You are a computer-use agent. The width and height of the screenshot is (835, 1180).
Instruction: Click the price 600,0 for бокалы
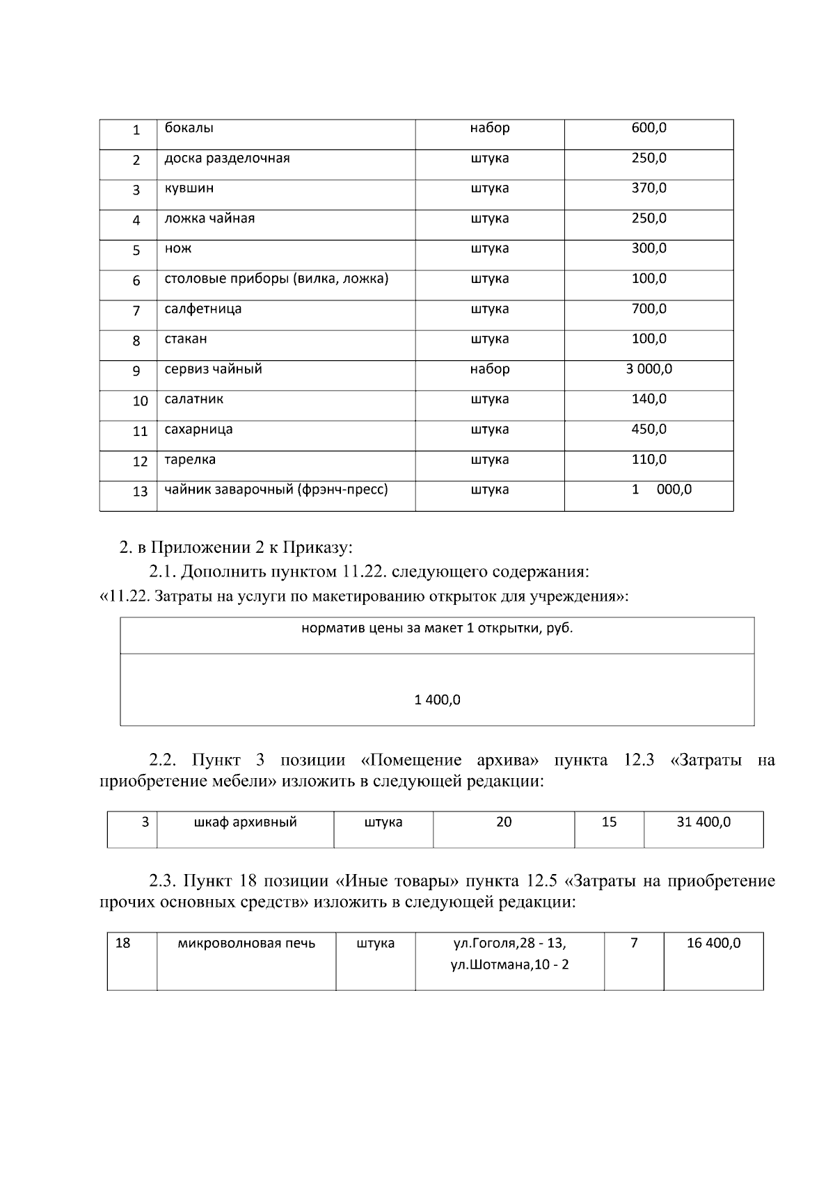[649, 128]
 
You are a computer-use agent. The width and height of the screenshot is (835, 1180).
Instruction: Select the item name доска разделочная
[227, 159]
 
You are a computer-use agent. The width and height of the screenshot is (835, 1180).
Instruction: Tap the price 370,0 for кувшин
[649, 188]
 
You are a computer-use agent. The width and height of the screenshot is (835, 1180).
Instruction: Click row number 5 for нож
[136, 250]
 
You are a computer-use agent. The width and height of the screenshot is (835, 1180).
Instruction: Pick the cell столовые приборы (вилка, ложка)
[276, 279]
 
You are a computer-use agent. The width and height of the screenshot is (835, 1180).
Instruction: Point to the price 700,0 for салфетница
[649, 309]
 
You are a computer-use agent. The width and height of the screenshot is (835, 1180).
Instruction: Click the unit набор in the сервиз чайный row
[489, 369]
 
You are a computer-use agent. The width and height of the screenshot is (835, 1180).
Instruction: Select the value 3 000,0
[649, 369]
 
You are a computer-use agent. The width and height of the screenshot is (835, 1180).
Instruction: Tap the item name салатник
[193, 399]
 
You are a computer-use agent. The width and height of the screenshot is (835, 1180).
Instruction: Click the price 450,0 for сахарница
[649, 429]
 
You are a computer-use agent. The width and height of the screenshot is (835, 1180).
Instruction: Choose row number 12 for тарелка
[140, 462]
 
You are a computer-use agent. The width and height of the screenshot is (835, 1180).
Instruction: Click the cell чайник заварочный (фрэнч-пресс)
[276, 490]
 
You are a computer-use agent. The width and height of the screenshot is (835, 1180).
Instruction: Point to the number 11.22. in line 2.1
[366, 572]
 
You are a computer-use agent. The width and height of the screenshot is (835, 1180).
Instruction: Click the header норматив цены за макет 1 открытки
[437, 629]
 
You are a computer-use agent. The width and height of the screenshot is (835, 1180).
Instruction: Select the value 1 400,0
[437, 700]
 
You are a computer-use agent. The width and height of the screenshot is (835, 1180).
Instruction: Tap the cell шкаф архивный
[245, 823]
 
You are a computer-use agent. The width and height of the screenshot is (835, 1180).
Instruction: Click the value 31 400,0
[703, 823]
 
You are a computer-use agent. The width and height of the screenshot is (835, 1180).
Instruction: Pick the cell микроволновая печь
[246, 944]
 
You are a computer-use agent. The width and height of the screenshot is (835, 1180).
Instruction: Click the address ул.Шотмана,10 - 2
[509, 965]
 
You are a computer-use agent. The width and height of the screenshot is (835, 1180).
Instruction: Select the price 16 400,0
[713, 944]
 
